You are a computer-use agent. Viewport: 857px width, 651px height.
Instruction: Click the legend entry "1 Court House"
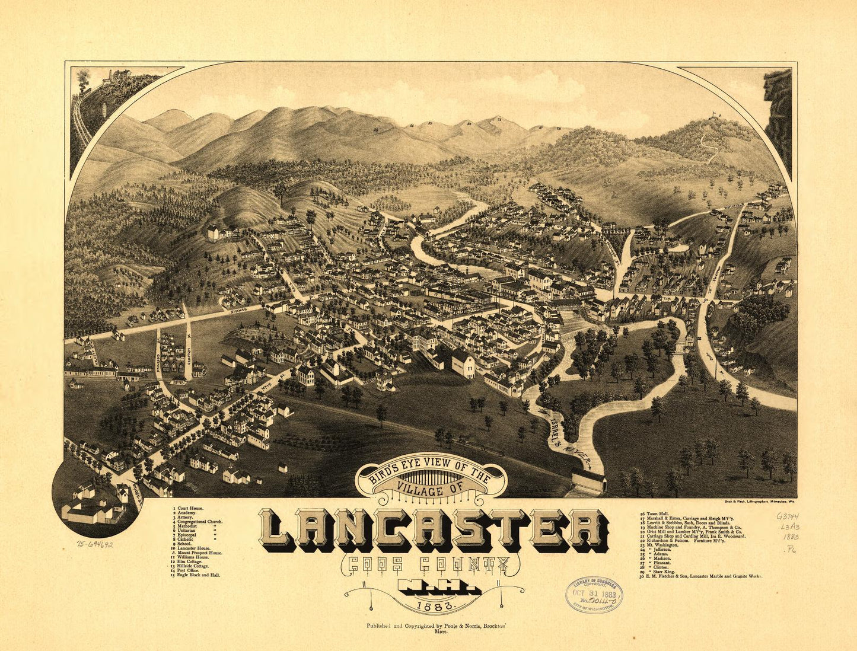[x=189, y=509]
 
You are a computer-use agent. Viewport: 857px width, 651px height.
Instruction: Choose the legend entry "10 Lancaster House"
[x=195, y=547]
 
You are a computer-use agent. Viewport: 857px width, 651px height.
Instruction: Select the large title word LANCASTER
[x=434, y=530]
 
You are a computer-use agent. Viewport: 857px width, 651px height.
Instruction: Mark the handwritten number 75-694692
[x=95, y=544]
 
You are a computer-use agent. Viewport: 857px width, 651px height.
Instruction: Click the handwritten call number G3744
[x=787, y=516]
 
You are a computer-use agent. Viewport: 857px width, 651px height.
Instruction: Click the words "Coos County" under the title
[x=424, y=565]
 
